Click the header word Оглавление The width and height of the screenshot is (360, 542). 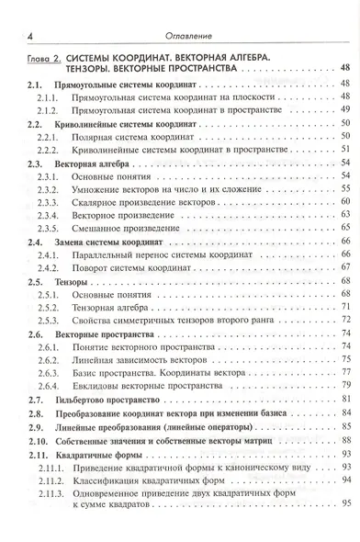tap(188, 35)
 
